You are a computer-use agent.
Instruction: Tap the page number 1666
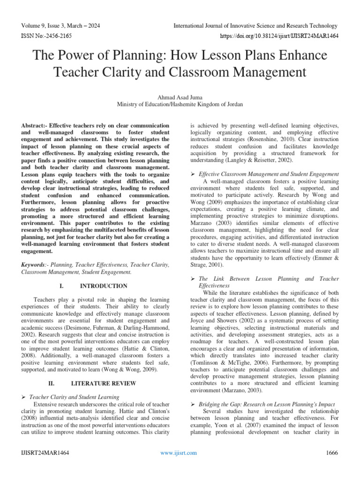331,453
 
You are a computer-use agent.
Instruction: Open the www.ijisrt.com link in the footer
179,453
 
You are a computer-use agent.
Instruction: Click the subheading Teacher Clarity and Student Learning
74,397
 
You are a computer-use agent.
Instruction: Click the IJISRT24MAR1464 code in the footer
45,453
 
